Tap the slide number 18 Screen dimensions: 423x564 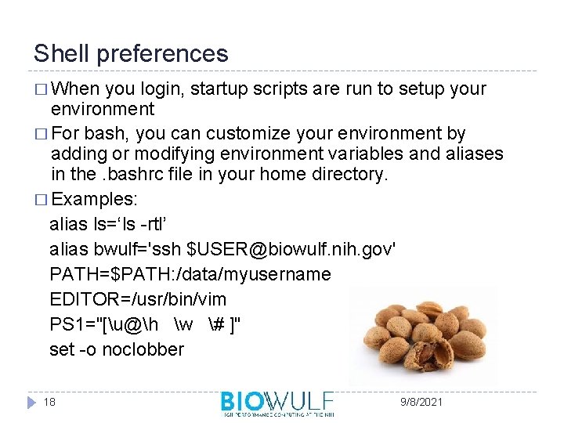(50, 402)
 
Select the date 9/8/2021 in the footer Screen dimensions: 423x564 (421, 402)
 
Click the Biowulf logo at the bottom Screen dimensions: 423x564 (277, 403)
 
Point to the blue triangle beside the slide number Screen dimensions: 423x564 (31, 402)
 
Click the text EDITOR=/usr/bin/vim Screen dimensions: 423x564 (138, 299)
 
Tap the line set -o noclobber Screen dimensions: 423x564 (117, 349)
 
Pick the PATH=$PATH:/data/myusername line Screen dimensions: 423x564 (190, 274)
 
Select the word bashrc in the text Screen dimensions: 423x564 (126, 174)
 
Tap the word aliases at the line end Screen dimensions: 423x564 (475, 154)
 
